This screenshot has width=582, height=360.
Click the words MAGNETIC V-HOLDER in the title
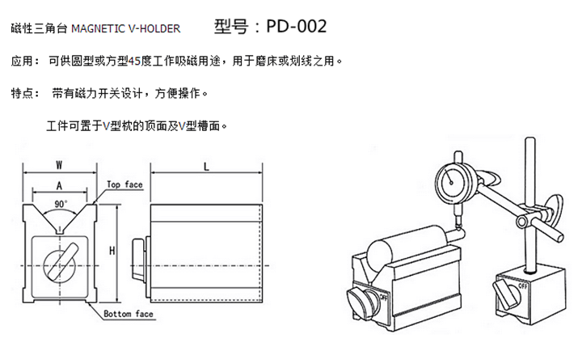coord(124,29)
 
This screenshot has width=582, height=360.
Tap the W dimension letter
coord(61,164)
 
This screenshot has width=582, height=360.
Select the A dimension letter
coord(61,185)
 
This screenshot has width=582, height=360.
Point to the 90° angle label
coord(61,203)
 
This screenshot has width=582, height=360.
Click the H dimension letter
coord(113,252)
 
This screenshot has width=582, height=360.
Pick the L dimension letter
coord(208,166)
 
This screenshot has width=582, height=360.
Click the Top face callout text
coord(124,184)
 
